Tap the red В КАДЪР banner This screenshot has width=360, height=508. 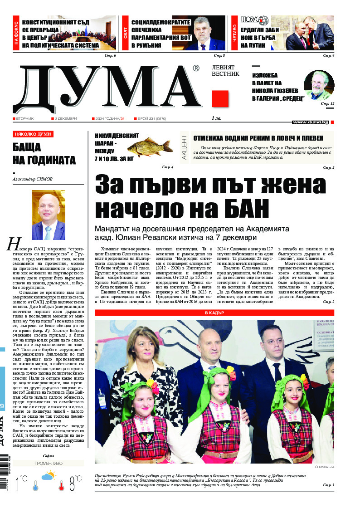click(x=214, y=313)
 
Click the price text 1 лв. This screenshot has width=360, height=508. click(x=217, y=118)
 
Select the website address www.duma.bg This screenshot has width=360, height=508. click(x=311, y=122)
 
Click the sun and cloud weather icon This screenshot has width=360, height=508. click(x=49, y=476)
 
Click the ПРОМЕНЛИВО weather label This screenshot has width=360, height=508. click(x=49, y=464)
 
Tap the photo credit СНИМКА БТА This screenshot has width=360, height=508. click(x=324, y=467)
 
